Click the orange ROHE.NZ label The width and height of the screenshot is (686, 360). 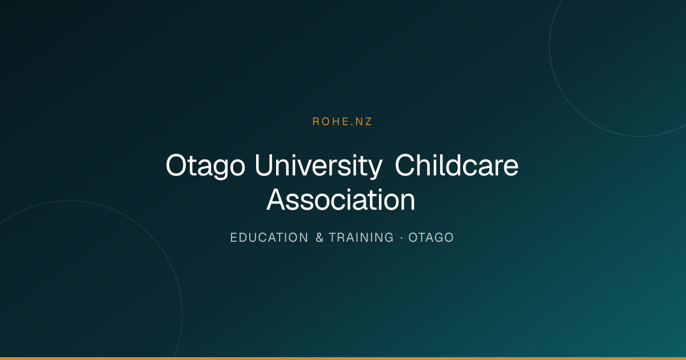coord(342,122)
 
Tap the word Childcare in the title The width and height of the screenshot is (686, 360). coord(457,165)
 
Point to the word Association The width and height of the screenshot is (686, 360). coord(341,200)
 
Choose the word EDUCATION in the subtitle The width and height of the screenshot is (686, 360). coord(269,238)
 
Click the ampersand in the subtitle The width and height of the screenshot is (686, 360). coord(320,238)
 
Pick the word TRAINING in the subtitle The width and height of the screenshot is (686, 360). coord(361,238)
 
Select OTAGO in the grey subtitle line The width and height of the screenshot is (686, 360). coord(431,238)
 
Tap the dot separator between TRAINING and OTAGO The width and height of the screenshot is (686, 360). coord(401,238)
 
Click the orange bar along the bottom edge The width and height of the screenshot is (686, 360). coord(343,358)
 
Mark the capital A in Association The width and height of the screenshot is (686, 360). coord(277,200)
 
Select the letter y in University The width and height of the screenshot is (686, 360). coord(374,170)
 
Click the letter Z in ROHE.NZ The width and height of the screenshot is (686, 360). coord(368,122)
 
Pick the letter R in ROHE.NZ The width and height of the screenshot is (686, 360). coord(316,122)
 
